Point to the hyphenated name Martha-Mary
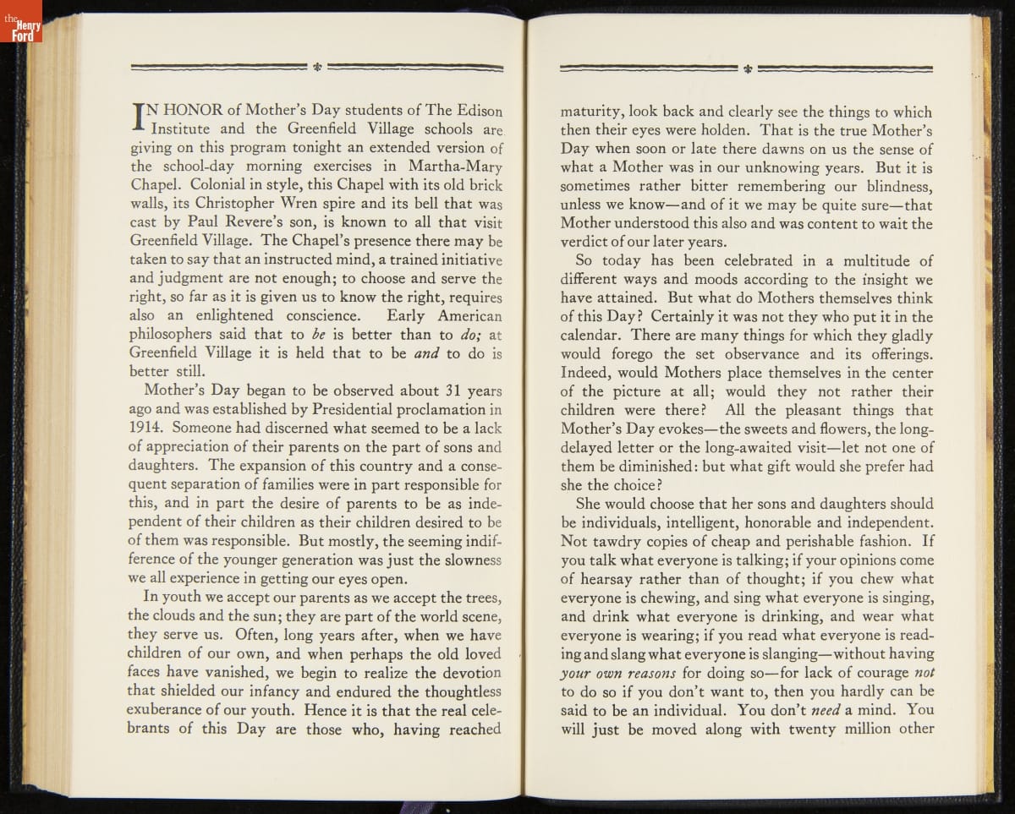pos(456,167)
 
